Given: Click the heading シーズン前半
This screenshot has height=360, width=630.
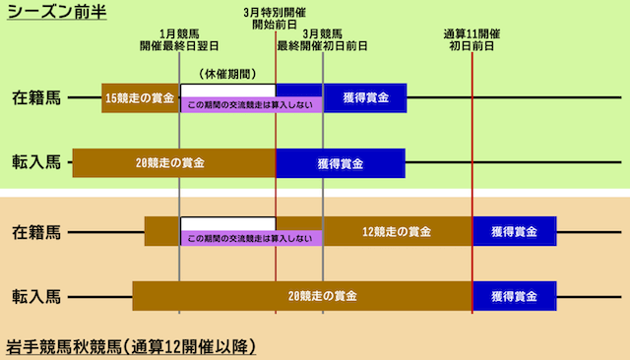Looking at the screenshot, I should [x=56, y=13].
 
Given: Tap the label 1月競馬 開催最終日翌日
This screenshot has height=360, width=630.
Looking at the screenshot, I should [x=179, y=39].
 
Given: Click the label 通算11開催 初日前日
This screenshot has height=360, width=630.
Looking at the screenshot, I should [x=472, y=39].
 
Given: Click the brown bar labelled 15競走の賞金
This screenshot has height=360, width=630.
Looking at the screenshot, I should [x=140, y=98].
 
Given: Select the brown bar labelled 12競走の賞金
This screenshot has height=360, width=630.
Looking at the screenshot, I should [x=397, y=232].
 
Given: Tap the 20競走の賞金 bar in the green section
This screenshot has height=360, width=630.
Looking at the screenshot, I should [x=173, y=162].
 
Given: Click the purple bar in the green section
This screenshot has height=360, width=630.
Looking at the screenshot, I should [x=251, y=104].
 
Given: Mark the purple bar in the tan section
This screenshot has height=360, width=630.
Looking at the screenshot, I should [x=251, y=239].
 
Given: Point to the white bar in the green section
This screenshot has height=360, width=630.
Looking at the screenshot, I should [x=227, y=90].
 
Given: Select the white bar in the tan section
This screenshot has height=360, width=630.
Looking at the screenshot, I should [x=227, y=224].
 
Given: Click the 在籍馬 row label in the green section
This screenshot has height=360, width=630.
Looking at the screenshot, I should [x=36, y=98].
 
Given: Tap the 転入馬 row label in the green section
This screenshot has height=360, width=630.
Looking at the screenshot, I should [x=36, y=162].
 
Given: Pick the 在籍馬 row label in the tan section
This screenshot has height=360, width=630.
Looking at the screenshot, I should [x=36, y=232].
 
